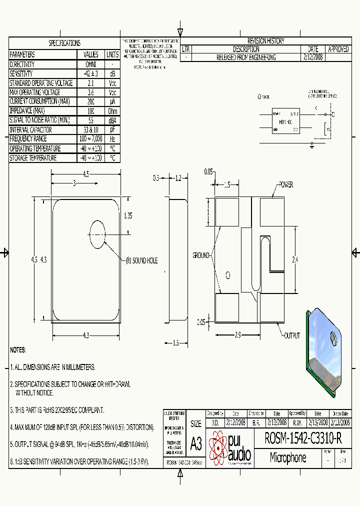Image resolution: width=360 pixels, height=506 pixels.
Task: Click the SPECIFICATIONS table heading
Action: coord(64,43)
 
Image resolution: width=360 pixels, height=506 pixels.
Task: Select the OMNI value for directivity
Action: coord(91,64)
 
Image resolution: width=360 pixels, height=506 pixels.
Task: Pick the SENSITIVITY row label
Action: coord(21,73)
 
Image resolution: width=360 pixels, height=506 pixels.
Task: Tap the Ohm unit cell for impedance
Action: coord(112,111)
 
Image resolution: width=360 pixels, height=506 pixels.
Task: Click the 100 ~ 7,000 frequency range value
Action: coord(91,139)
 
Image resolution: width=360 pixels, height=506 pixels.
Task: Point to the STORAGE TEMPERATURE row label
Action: coord(33,158)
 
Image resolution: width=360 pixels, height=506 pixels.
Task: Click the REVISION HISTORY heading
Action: coord(265,41)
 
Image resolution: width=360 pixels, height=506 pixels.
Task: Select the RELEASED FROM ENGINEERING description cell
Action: coord(245,57)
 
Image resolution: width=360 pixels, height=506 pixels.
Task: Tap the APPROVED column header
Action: coord(338,49)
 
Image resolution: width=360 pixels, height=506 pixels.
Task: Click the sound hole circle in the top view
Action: coord(97,233)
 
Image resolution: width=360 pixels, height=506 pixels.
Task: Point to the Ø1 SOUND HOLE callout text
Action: coord(141,261)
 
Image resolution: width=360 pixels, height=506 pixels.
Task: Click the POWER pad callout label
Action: coord(285,185)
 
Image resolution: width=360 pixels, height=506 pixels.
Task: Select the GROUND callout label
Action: coord(201,255)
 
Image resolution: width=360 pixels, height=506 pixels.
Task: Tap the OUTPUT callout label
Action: coord(292,336)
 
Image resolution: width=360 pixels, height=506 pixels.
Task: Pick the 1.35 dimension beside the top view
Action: coord(128,216)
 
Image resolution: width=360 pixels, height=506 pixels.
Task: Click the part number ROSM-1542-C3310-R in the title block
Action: coord(303,439)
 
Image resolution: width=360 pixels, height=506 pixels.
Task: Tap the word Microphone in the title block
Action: coord(288,457)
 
